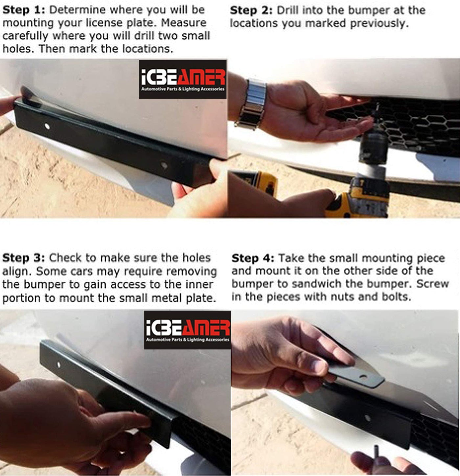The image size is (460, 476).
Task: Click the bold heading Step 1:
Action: coord(24,10)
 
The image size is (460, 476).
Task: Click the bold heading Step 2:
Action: coord(251,11)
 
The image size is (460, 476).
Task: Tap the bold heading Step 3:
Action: coord(24,258)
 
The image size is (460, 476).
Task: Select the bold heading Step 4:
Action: coord(253,258)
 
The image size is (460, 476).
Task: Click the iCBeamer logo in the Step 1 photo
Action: coord(183,79)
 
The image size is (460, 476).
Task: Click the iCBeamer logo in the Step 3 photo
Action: coord(187,330)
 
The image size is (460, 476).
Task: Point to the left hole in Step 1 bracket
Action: coord(47,127)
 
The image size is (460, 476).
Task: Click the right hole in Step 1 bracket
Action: coord(164,166)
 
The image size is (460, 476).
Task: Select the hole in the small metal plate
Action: coord(363,377)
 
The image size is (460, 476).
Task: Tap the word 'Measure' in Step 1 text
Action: coord(184,23)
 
